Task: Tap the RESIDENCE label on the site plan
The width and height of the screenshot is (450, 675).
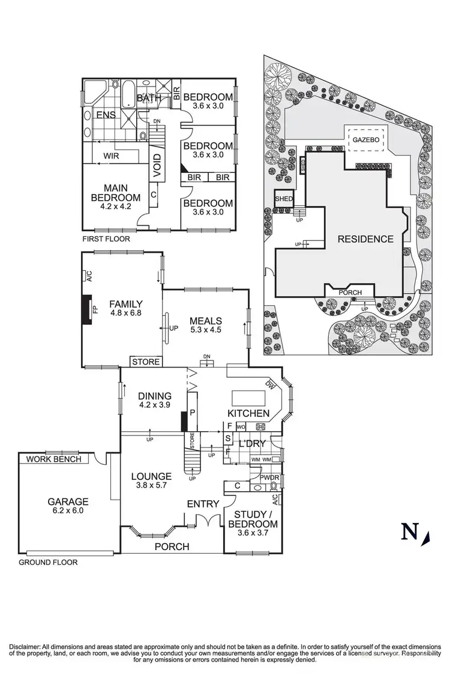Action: [x=365, y=239]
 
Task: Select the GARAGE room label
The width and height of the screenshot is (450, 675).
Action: [x=68, y=502]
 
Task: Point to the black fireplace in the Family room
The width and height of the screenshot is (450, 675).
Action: [x=88, y=309]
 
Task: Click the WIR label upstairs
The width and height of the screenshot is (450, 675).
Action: [x=110, y=156]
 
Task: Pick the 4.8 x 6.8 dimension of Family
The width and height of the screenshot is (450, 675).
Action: [x=125, y=313]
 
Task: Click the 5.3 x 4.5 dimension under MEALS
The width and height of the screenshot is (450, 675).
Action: [x=206, y=330]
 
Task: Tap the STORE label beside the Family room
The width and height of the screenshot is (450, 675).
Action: [x=146, y=362]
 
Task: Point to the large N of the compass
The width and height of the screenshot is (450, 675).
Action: [x=410, y=531]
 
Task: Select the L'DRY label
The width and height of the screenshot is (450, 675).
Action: [x=253, y=444]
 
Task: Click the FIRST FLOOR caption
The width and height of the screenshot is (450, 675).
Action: [x=106, y=239]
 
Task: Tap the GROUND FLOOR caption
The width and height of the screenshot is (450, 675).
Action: [x=47, y=563]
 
